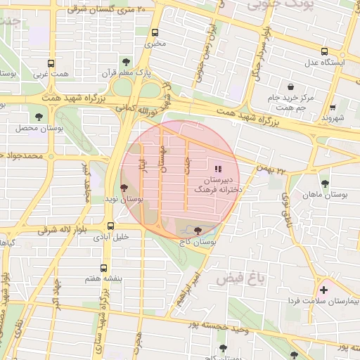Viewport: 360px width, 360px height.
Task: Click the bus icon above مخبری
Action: pyautogui.click(x=155, y=32)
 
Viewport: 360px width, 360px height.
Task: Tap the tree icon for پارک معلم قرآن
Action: pyautogui.click(x=127, y=62)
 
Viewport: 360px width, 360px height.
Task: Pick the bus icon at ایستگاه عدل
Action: pyautogui.click(x=324, y=51)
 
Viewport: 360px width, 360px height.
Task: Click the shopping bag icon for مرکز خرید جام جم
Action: pyautogui.click(x=290, y=86)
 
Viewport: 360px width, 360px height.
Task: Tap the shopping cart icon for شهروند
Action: pyautogui.click(x=331, y=108)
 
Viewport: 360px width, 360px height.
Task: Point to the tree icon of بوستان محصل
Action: pyautogui.click(x=37, y=117)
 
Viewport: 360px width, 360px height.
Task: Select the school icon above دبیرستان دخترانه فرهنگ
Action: pyautogui.click(x=218, y=169)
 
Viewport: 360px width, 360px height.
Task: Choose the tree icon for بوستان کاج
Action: pyautogui.click(x=196, y=230)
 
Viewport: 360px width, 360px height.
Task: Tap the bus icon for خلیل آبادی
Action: pyautogui.click(x=110, y=226)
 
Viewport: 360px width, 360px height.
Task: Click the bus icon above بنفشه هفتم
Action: pyautogui.click(x=104, y=268)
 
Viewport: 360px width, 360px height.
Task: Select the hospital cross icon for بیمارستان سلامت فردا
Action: pyautogui.click(x=323, y=290)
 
